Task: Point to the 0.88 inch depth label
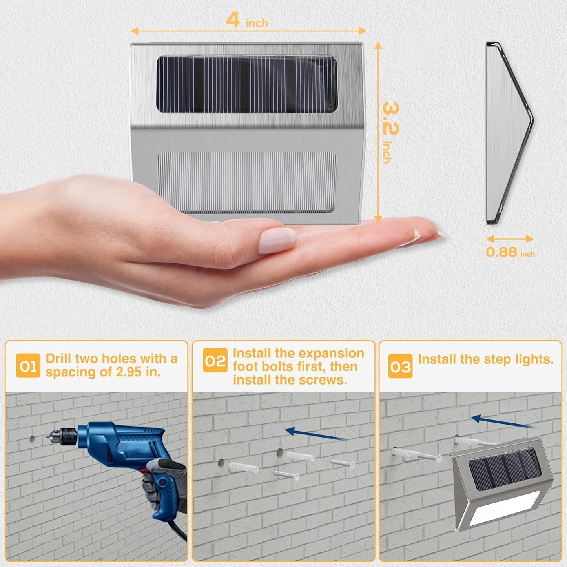click(510, 252)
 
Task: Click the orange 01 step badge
click(28, 366)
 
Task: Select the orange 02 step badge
click(215, 360)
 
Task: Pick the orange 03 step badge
click(400, 366)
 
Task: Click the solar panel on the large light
click(247, 84)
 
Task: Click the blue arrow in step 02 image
click(314, 434)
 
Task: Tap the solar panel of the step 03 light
click(504, 469)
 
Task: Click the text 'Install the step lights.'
click(485, 359)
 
